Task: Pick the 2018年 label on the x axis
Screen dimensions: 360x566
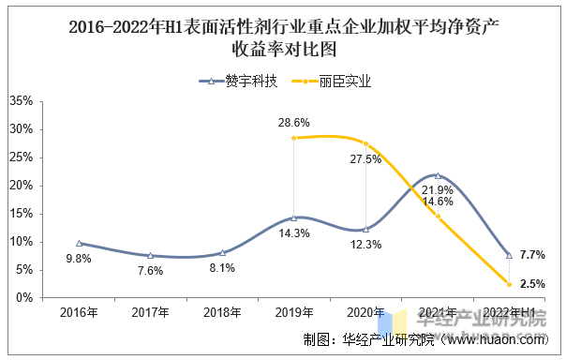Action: (222, 312)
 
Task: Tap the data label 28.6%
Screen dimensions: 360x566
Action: (294, 123)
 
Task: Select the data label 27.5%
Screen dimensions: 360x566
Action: (365, 159)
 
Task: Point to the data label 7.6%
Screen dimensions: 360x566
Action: (150, 271)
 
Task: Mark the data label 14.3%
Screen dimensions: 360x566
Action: (294, 233)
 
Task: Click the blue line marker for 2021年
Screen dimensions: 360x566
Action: (438, 175)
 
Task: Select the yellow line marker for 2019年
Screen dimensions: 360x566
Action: (294, 138)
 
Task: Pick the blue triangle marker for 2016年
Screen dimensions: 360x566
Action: (79, 243)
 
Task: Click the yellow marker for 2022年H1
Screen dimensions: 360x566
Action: (510, 284)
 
